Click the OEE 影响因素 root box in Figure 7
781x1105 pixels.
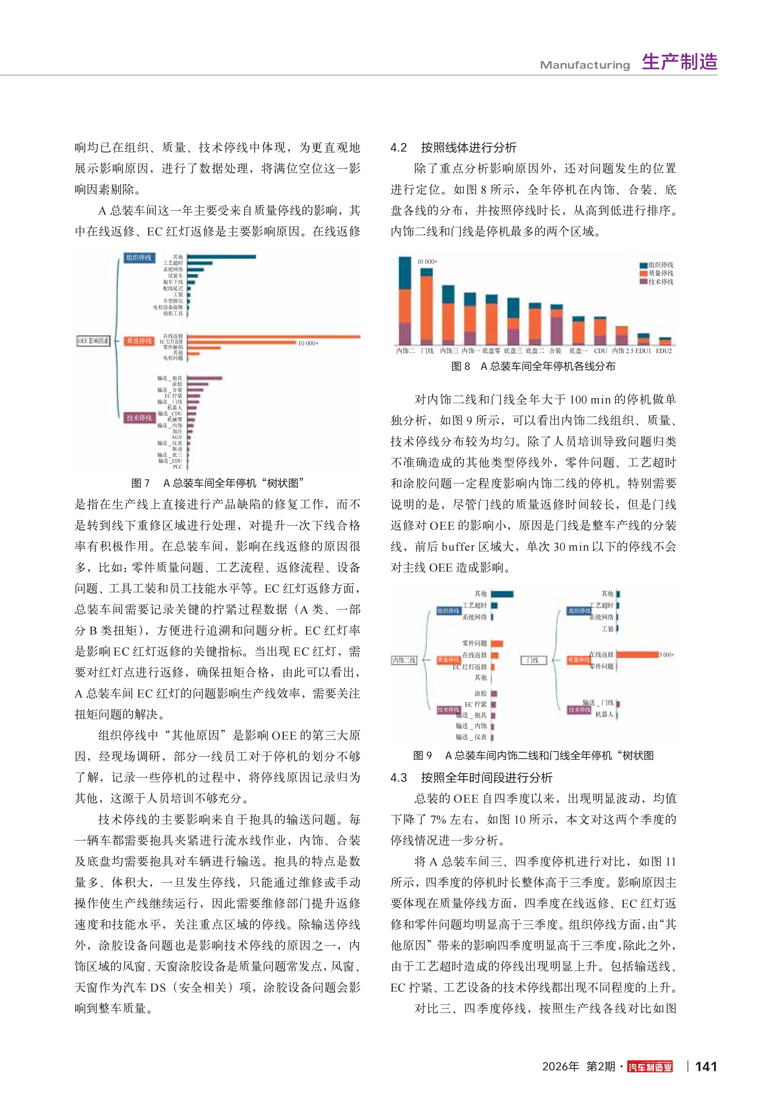click(93, 341)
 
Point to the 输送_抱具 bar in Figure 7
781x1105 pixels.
click(204, 378)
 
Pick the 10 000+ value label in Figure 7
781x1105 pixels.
click(308, 343)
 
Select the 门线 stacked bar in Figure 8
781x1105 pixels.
click(426, 306)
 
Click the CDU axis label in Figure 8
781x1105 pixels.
click(600, 351)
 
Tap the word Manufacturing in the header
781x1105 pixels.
click(585, 65)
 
